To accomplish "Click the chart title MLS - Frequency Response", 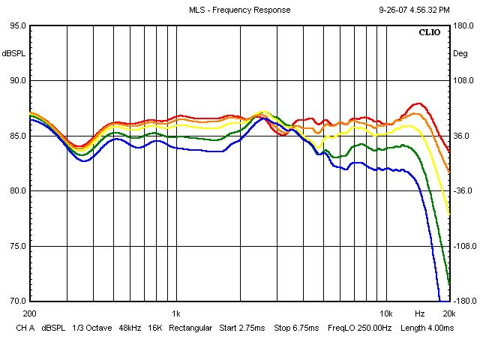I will pyautogui.click(x=240, y=10).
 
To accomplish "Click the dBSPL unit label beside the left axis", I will pyautogui.click(x=14, y=53).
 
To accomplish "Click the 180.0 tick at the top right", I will pyautogui.click(x=463, y=25).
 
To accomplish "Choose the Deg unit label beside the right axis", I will pyautogui.click(x=460, y=53).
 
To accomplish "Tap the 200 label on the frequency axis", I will pyautogui.click(x=30, y=313).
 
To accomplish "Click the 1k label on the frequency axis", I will pyautogui.click(x=175, y=313).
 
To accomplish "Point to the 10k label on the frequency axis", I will pyautogui.click(x=385, y=313).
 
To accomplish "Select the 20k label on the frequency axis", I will pyautogui.click(x=448, y=313).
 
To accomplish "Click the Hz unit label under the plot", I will pyautogui.click(x=419, y=313).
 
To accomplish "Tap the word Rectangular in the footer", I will pyautogui.click(x=191, y=328).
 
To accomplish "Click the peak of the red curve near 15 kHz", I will pyautogui.click(x=418, y=103).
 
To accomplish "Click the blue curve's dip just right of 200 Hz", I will pyautogui.click(x=84, y=160).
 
